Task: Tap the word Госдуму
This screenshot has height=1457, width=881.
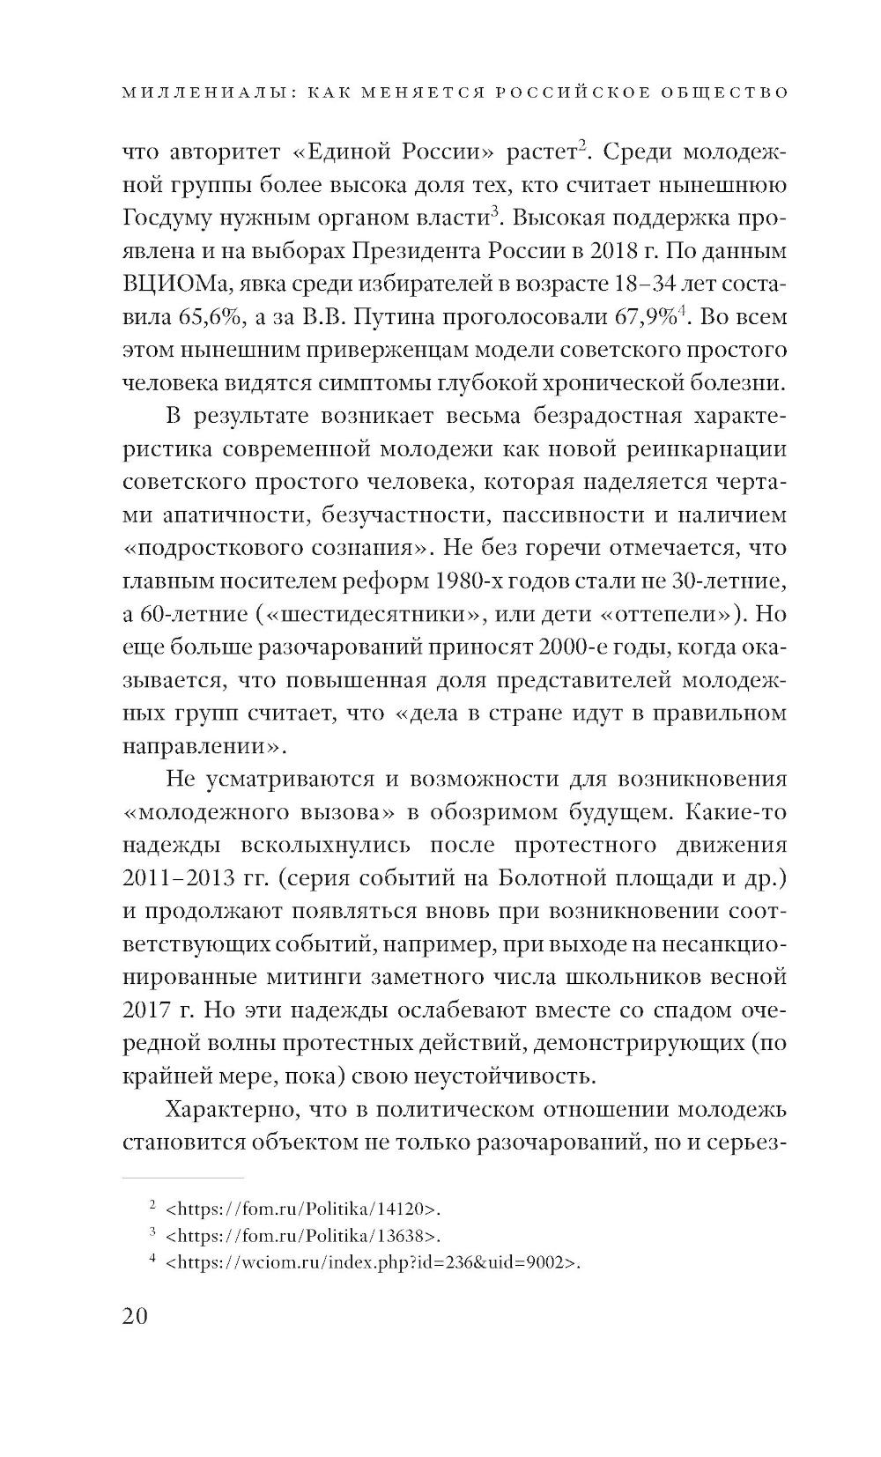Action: click(174, 218)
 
